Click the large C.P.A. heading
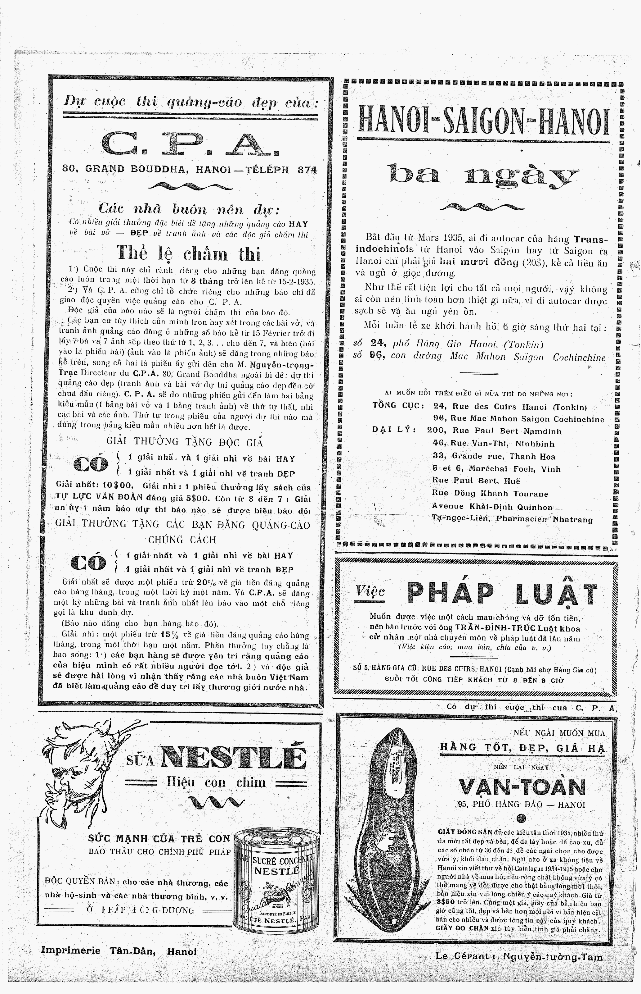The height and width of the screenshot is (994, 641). [189, 143]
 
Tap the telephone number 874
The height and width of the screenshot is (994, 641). [307, 170]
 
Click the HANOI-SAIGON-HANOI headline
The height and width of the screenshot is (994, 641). [483, 121]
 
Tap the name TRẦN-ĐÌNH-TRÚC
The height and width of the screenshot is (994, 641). [494, 628]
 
